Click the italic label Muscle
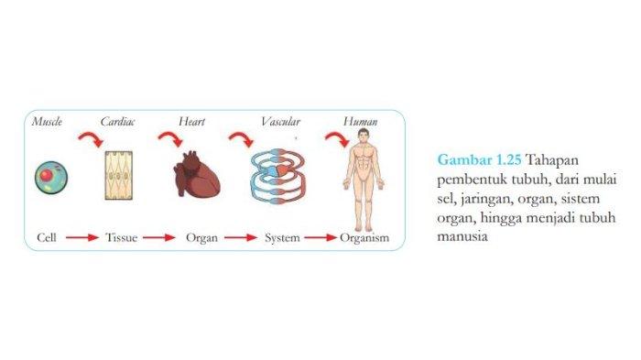(x=47, y=122)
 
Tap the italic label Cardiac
(x=117, y=122)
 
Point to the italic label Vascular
(x=279, y=122)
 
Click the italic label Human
(x=361, y=122)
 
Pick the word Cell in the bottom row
(x=48, y=238)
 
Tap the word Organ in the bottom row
(x=200, y=238)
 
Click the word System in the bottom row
(x=282, y=238)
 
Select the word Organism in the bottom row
(x=364, y=238)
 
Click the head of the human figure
(x=364, y=136)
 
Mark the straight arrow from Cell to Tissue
(x=81, y=238)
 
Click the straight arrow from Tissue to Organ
(x=158, y=238)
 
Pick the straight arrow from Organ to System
(x=241, y=238)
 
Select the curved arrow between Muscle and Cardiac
(x=90, y=140)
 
